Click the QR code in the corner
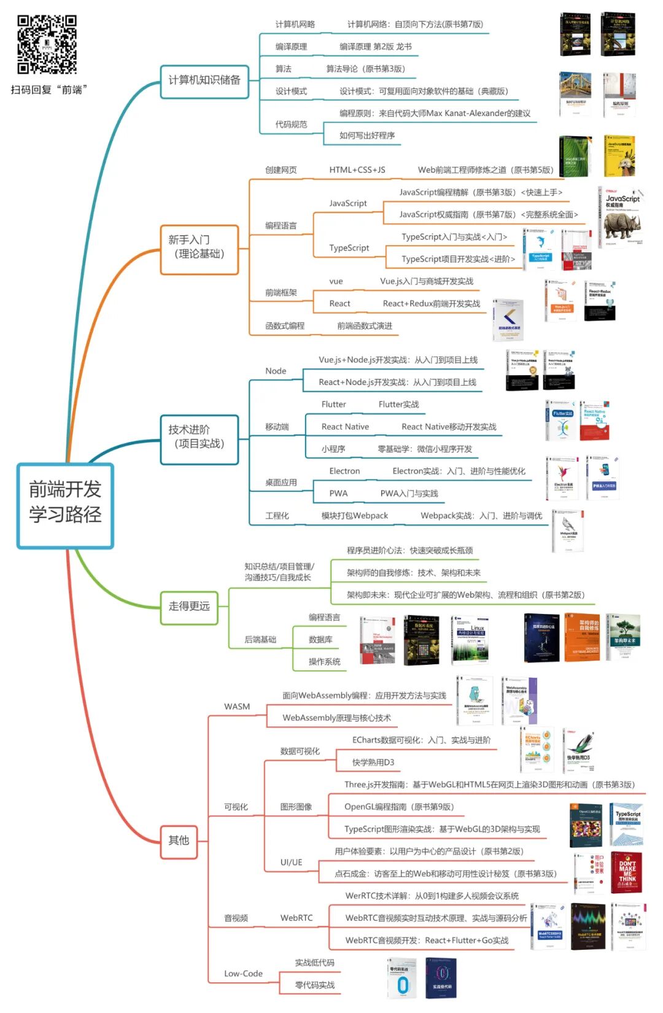pyautogui.click(x=47, y=44)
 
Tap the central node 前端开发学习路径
pyautogui.click(x=65, y=506)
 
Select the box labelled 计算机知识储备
pyautogui.click(x=204, y=80)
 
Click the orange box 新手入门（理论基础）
pyautogui.click(x=199, y=247)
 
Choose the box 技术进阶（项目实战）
pyautogui.click(x=199, y=437)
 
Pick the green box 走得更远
pyautogui.click(x=189, y=607)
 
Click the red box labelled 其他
pyautogui.click(x=179, y=840)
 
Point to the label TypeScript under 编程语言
pyautogui.click(x=349, y=248)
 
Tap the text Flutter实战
pyautogui.click(x=398, y=405)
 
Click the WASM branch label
pyautogui.click(x=237, y=707)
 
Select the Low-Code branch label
pyautogui.click(x=243, y=974)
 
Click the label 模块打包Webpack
pyautogui.click(x=354, y=516)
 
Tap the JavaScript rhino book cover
pyautogui.click(x=621, y=218)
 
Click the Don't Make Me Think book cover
pyautogui.click(x=626, y=872)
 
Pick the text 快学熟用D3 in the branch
pyautogui.click(x=373, y=763)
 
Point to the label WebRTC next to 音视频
pyautogui.click(x=297, y=918)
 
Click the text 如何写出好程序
pyautogui.click(x=367, y=136)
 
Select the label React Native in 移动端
pyautogui.click(x=345, y=427)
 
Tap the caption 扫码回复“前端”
pyautogui.click(x=48, y=90)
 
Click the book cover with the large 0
pyautogui.click(x=403, y=978)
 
